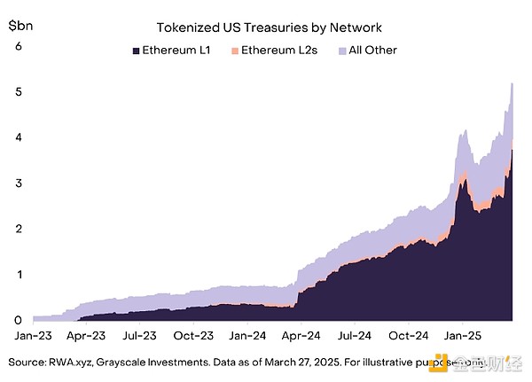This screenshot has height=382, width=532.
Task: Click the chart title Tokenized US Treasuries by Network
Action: pyautogui.click(x=270, y=27)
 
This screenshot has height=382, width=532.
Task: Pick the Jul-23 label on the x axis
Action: pyautogui.click(x=140, y=338)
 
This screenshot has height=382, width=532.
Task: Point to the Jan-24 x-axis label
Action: pyautogui.click(x=249, y=338)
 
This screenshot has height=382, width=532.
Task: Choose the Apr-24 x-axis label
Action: pyautogui.click(x=303, y=338)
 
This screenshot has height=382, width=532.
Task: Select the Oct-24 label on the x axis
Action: pyautogui.click(x=410, y=338)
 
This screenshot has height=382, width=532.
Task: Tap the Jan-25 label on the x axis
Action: pyautogui.click(x=463, y=338)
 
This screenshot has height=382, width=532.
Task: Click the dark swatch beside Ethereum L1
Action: pyautogui.click(x=136, y=51)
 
